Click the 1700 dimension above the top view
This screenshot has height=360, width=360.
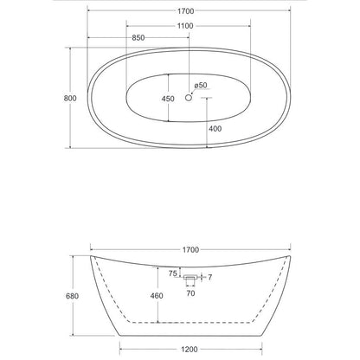(185, 11)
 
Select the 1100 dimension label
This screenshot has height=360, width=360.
(185, 26)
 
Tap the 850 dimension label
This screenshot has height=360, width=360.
(138, 38)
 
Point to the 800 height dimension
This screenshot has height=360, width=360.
(70, 99)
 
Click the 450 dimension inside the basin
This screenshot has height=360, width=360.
(168, 99)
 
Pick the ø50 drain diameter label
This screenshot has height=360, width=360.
(201, 86)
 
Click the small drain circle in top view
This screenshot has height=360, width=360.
(189, 98)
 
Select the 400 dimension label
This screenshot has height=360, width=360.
(215, 129)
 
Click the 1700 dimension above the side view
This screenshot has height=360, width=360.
(190, 249)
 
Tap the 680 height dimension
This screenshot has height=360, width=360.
(72, 296)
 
